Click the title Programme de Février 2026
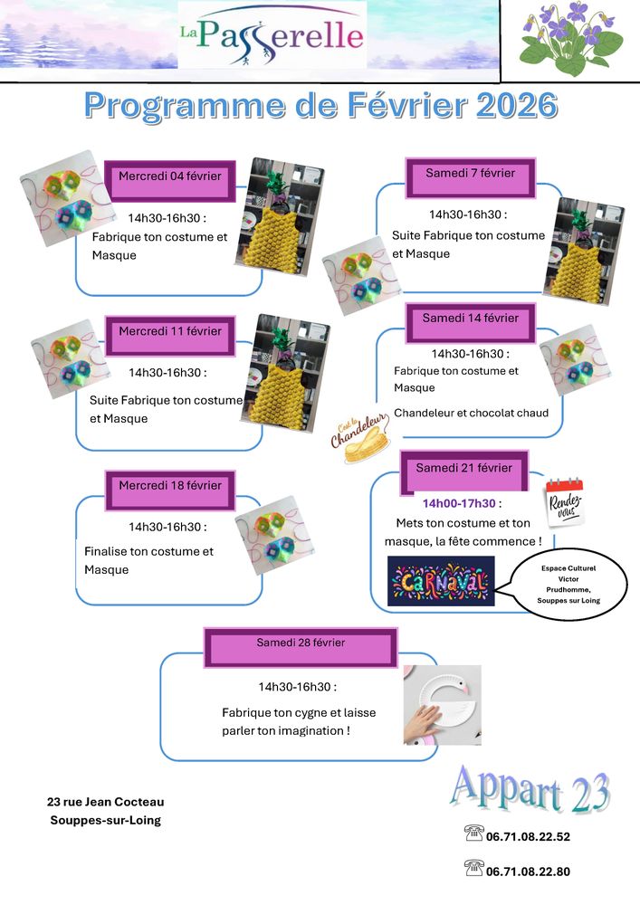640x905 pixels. click(x=320, y=106)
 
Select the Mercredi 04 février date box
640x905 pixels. click(x=170, y=176)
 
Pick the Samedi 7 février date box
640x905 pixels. click(x=470, y=173)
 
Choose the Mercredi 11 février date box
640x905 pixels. click(x=170, y=332)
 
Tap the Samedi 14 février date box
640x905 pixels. click(x=470, y=319)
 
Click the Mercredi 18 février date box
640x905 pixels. click(x=170, y=486)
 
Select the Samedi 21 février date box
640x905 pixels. click(x=463, y=468)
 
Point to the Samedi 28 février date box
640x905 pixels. click(x=301, y=643)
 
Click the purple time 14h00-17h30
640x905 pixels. click(x=459, y=503)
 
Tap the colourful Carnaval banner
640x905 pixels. click(x=441, y=580)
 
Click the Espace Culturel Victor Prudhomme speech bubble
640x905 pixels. click(x=568, y=584)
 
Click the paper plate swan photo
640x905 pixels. click(x=442, y=705)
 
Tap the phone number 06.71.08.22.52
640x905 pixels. click(x=529, y=837)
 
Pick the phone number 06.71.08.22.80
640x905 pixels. click(x=529, y=872)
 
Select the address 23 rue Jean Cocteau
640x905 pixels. click(x=106, y=802)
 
